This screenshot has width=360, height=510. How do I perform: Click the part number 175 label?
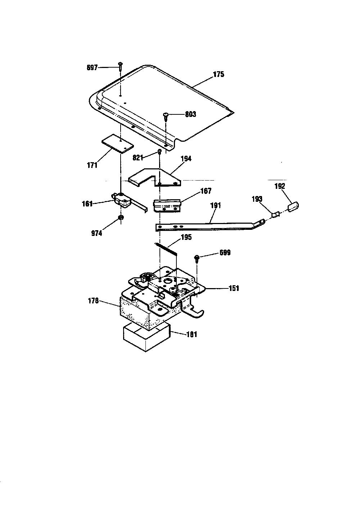click(x=219, y=74)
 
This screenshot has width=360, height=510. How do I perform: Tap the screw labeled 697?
click(x=120, y=67)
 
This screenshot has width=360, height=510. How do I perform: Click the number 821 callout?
click(x=138, y=158)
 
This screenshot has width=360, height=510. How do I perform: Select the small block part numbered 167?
click(x=167, y=205)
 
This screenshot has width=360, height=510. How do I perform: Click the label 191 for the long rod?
click(x=215, y=205)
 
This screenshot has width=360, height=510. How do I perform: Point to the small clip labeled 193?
click(x=276, y=214)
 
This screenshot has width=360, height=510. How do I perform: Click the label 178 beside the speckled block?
click(x=93, y=301)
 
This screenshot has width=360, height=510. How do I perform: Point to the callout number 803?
click(x=190, y=114)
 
